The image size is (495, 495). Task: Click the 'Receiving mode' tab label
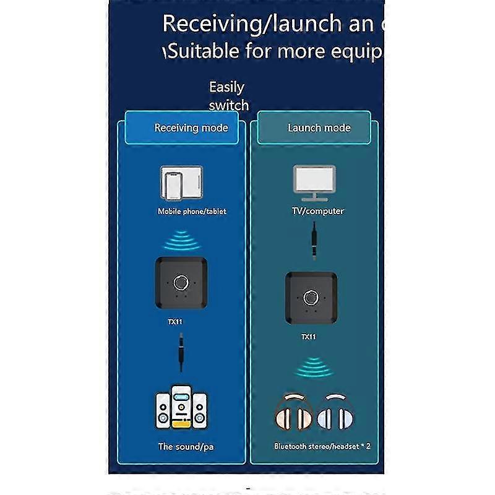tap(191, 128)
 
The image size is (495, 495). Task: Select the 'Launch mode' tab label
tap(319, 128)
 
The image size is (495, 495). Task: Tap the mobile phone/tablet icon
tap(181, 184)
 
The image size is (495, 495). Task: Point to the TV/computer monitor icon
tap(314, 183)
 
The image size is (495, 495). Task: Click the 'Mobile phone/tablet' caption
tap(192, 211)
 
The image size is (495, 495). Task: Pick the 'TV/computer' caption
tap(318, 211)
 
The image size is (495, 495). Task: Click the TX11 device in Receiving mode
tap(181, 283)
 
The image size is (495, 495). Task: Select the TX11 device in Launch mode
tap(311, 298)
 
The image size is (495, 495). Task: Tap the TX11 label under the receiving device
tap(174, 322)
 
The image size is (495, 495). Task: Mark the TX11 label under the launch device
tap(308, 337)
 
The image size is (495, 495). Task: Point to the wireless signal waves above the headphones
tap(314, 368)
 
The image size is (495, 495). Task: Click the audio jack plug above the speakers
tap(181, 351)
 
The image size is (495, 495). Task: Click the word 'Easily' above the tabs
tap(226, 87)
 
